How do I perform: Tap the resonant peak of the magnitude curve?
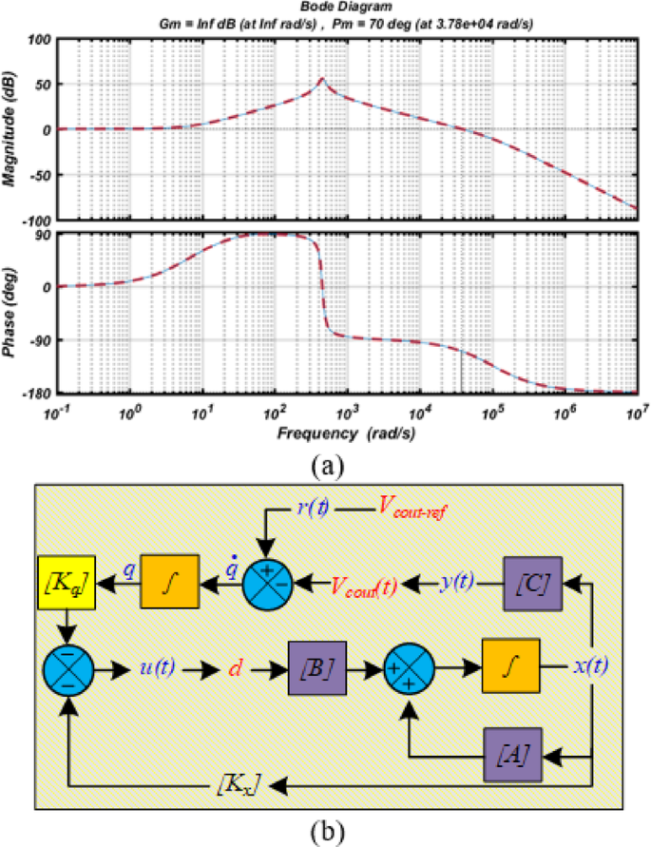[x=321, y=80]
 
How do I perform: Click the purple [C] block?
[x=534, y=582]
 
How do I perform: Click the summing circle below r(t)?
[x=266, y=581]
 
